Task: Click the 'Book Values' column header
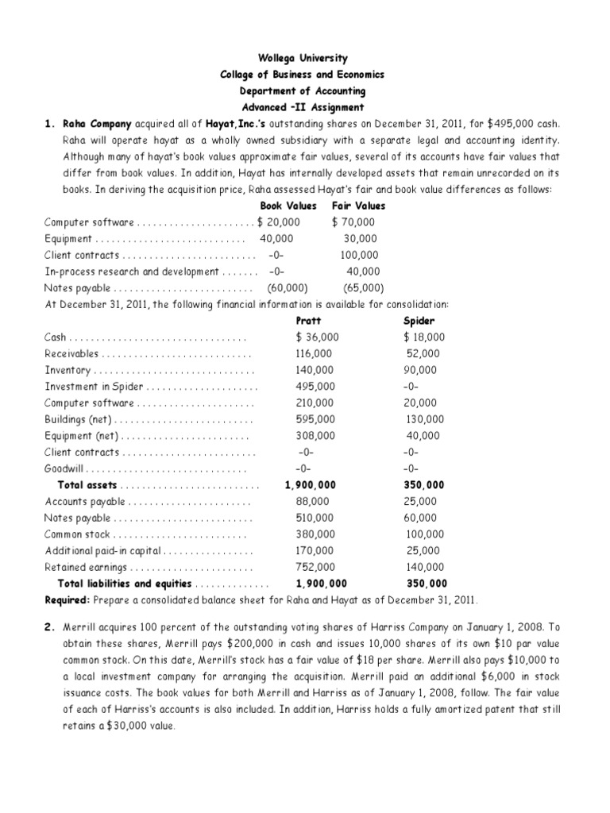coord(288,206)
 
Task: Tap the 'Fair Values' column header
coord(358,206)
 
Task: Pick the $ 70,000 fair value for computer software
coord(353,222)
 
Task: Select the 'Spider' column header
coord(419,321)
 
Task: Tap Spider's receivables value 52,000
coord(424,353)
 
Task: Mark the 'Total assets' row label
coord(87,485)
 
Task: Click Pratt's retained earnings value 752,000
coord(311,567)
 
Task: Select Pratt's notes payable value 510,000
coord(311,518)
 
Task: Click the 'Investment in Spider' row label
coord(95,387)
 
